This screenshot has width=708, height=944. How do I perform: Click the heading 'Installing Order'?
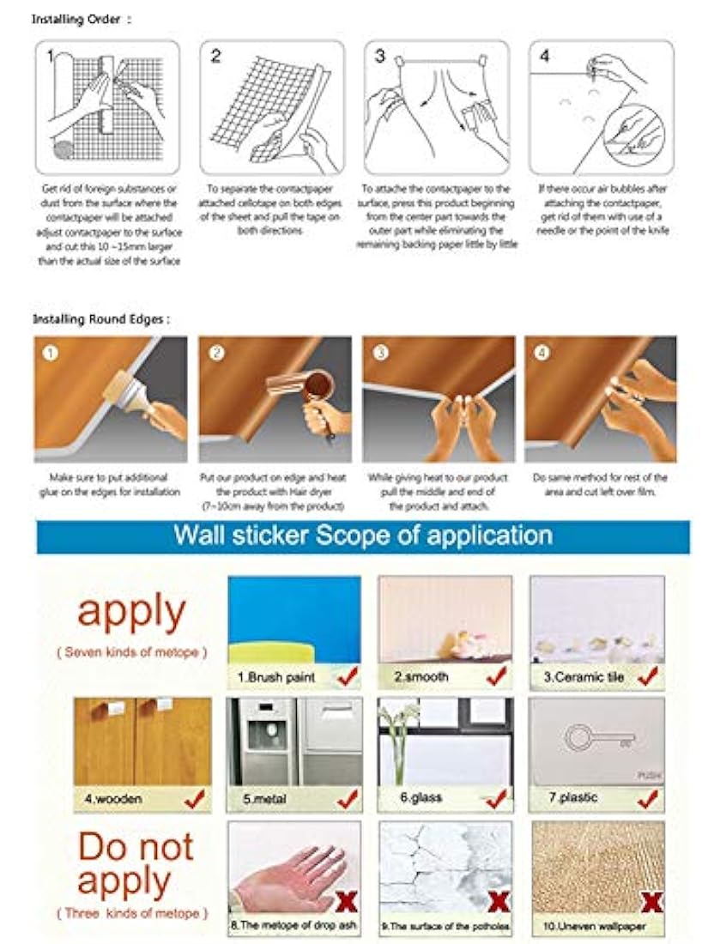[81, 18]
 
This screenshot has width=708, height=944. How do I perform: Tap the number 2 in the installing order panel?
[216, 57]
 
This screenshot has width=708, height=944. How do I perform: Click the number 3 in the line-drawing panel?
[380, 57]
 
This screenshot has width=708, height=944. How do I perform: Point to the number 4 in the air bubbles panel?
[545, 57]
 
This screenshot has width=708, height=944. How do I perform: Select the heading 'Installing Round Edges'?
[100, 318]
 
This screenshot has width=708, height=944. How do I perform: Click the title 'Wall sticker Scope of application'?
[362, 535]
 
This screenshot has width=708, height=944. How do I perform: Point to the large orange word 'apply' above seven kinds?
[130, 612]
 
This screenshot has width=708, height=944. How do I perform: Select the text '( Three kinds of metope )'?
[131, 914]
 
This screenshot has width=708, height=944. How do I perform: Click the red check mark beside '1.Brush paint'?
[347, 676]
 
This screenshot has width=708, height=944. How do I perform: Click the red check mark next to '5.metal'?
[347, 799]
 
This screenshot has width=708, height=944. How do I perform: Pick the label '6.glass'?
[421, 798]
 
